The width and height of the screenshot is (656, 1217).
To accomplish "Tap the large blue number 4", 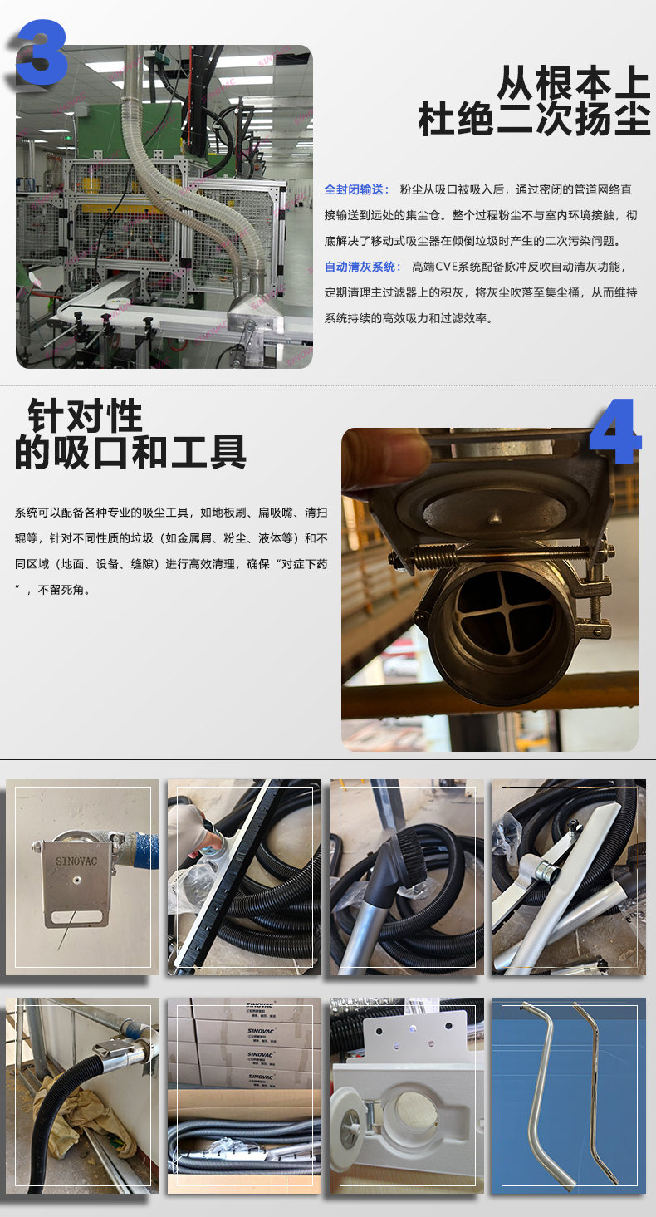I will [x=615, y=432].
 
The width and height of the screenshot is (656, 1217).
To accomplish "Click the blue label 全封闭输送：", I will [x=356, y=189].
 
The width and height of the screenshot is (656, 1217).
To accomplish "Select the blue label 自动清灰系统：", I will [x=362, y=267].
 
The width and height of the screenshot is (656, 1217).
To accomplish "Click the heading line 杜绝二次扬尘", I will [x=533, y=120].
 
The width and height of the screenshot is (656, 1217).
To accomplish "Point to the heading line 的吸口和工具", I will [x=130, y=453].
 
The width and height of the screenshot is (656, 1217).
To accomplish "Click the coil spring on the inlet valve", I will [x=436, y=556].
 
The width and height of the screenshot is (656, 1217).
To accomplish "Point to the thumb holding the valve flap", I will [x=384, y=459].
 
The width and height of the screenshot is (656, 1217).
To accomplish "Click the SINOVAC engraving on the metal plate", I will [x=76, y=861].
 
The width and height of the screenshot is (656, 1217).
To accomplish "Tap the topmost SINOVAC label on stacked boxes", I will [x=258, y=1006].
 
